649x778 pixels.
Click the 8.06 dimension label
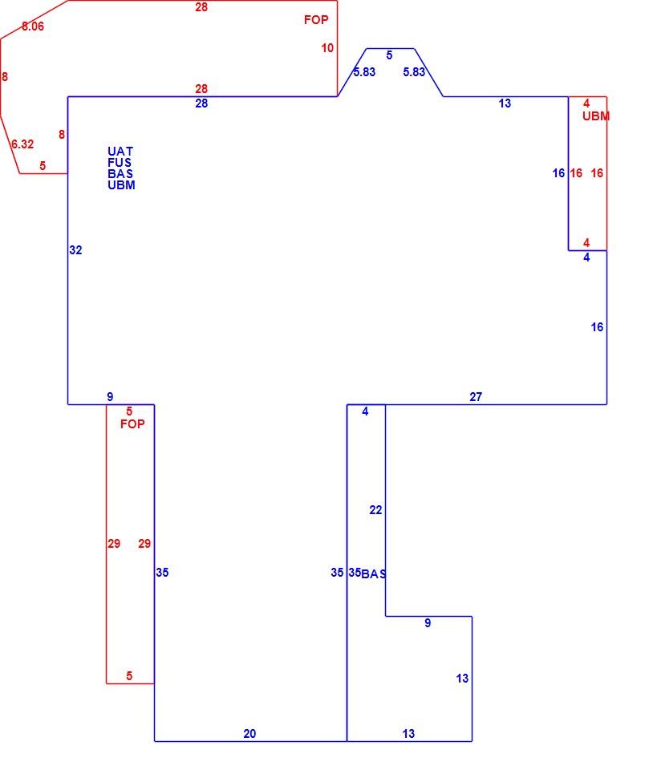pos(33,26)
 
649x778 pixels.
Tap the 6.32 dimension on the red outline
pos(22,144)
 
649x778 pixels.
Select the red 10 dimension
pos(327,48)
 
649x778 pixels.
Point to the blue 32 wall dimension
pos(75,250)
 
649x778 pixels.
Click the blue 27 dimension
pos(476,397)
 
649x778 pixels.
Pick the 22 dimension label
pos(375,510)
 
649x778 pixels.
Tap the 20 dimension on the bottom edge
pos(249,734)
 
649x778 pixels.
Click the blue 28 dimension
pos(201,103)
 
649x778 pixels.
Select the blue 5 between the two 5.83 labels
pos(389,55)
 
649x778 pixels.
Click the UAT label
pos(120,152)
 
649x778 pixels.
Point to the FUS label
pos(120,163)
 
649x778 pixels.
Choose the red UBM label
pos(596,116)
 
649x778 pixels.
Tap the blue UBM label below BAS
pos(122,185)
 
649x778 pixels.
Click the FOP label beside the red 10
pos(316,20)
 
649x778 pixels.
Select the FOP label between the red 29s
pos(132,424)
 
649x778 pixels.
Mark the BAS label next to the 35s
pos(374,574)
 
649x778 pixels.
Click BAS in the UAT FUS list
pos(120,174)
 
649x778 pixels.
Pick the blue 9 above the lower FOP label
pos(110,397)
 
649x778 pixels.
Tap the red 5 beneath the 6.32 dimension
pos(43,166)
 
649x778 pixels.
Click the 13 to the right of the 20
pos(408,734)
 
